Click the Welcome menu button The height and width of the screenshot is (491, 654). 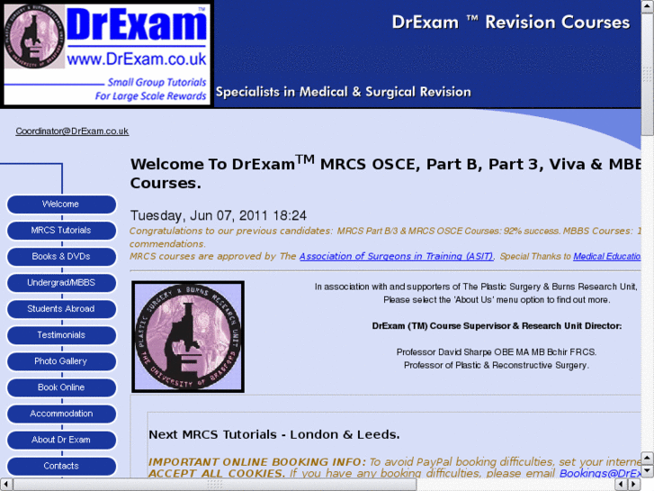point(61,205)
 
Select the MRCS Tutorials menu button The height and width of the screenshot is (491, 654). point(61,231)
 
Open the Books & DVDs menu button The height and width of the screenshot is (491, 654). point(61,257)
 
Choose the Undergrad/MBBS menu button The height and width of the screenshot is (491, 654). point(61,283)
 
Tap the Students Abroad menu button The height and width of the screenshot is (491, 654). point(61,309)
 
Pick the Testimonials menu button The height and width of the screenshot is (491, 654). point(61,335)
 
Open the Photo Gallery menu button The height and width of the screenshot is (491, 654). point(61,361)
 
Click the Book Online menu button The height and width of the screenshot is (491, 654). point(61,387)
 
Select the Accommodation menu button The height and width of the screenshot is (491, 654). point(61,414)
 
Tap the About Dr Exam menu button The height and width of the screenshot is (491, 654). point(61,440)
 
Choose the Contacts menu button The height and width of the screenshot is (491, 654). point(61,466)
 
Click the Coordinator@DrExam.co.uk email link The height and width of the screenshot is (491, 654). point(72,132)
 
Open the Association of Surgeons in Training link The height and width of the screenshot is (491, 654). point(396,257)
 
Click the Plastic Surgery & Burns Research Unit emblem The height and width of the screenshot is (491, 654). point(188,336)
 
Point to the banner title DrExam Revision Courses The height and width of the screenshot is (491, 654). point(510,23)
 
